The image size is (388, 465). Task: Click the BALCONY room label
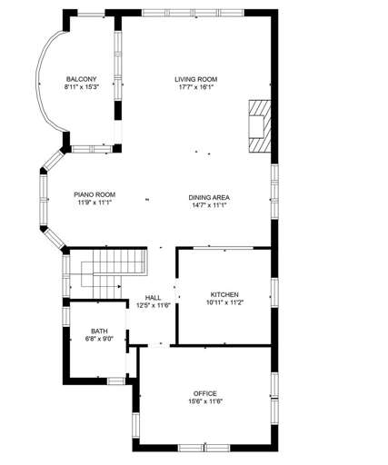[x=81, y=79]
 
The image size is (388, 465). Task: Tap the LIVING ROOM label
[x=196, y=79]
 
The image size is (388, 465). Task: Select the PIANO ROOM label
[x=95, y=194]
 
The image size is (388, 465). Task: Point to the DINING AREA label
[x=209, y=198]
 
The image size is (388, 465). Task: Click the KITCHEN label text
[x=224, y=294]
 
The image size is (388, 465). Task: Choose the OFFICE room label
[x=205, y=394]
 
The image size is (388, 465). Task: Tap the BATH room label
[x=99, y=331]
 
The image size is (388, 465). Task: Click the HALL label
[x=153, y=298]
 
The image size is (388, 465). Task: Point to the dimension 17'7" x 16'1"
[x=196, y=87]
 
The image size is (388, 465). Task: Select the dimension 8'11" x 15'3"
[x=82, y=87]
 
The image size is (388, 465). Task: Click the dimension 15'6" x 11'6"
[x=205, y=401]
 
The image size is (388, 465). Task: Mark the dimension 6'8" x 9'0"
[x=99, y=339]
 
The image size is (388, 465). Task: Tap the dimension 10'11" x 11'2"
[x=224, y=302]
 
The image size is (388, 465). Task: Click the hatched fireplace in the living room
[x=260, y=126]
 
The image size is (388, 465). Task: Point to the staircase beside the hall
[x=114, y=273]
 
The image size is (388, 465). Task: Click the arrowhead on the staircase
[x=119, y=286]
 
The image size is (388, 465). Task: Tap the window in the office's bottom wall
[x=204, y=448]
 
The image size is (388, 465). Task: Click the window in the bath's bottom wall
[x=116, y=381]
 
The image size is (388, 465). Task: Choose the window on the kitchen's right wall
[x=274, y=292]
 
